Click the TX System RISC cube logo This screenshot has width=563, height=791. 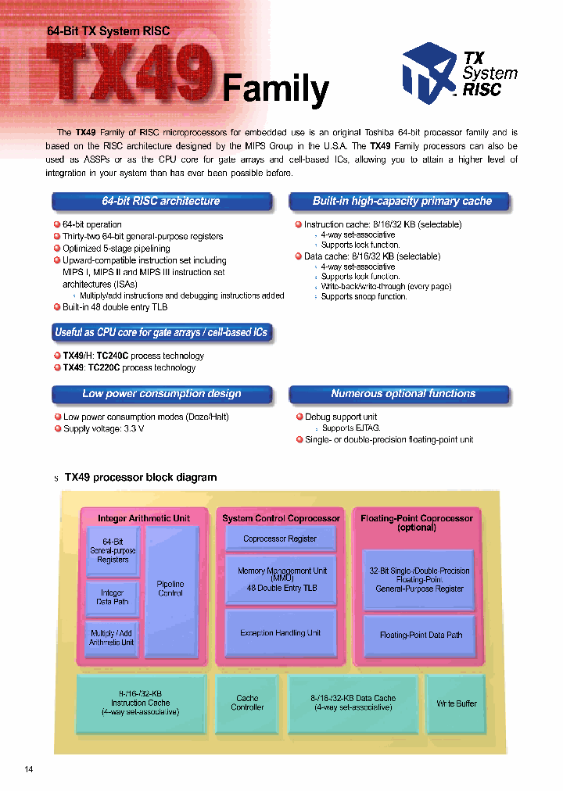click(x=429, y=73)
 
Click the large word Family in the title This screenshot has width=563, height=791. click(x=275, y=88)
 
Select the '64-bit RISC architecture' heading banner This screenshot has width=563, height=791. click(x=162, y=202)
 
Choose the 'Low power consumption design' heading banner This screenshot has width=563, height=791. click(x=162, y=394)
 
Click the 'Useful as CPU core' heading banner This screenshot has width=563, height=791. click(x=162, y=333)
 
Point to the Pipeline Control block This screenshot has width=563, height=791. click(x=171, y=588)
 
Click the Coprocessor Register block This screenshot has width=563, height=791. click(x=280, y=539)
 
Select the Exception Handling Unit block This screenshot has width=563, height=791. click(x=280, y=633)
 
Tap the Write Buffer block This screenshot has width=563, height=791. click(x=457, y=703)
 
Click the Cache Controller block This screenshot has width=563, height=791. click(x=247, y=703)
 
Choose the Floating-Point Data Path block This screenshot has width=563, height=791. click(x=421, y=635)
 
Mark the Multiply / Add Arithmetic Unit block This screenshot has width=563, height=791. click(x=112, y=637)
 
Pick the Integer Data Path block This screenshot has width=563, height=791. click(x=112, y=597)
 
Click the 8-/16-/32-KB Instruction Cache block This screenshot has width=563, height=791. click(x=141, y=703)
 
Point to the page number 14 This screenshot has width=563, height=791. click(x=29, y=770)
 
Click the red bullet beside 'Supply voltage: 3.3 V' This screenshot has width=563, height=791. click(x=57, y=428)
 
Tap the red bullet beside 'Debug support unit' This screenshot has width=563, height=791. click(x=299, y=417)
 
